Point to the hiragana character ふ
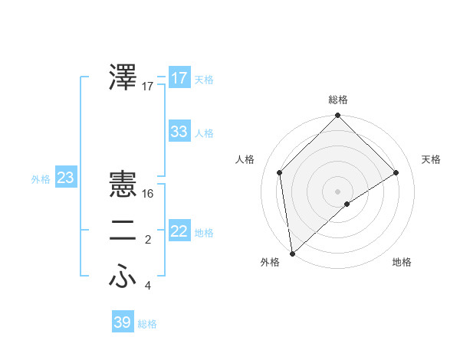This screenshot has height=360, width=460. coord(123,277)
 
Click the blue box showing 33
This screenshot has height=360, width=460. coord(179,132)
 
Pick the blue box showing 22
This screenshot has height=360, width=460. coord(179,231)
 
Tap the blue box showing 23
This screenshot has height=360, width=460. coord(65,178)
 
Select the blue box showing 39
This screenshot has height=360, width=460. coord(122,322)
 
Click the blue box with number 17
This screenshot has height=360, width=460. coord(179,78)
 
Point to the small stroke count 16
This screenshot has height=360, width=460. coord(148,195)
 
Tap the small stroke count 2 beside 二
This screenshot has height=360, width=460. coord(148,241)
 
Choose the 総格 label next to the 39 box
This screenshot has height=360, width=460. coord(147,324)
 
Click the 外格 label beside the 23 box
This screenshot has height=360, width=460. coord(41,179)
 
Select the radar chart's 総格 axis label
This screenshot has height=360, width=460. coord(338,100)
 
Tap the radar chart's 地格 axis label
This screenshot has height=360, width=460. coord(402,263)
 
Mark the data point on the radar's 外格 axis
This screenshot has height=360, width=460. coord(291,253)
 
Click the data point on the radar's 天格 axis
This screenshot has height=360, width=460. coord(396,172)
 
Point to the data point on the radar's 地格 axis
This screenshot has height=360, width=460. coord(347,204)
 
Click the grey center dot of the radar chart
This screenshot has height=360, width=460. coord(337,191)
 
